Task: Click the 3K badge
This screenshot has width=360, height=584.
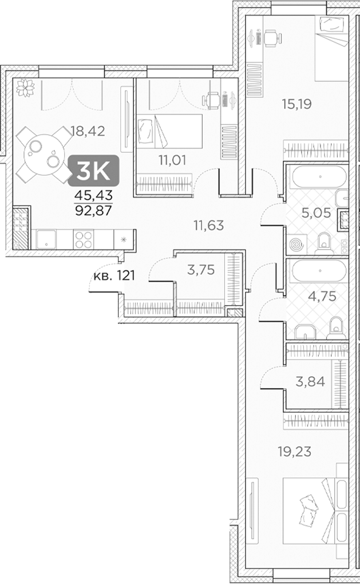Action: coord(94,170)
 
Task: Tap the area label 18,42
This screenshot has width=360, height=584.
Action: coord(89,131)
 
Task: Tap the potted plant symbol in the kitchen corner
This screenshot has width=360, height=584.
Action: coord(25,88)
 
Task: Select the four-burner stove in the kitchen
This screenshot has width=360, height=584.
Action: coord(84,238)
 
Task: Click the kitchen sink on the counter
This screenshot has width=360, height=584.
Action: coord(47,238)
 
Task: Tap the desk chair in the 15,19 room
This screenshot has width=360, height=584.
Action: coord(271,37)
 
